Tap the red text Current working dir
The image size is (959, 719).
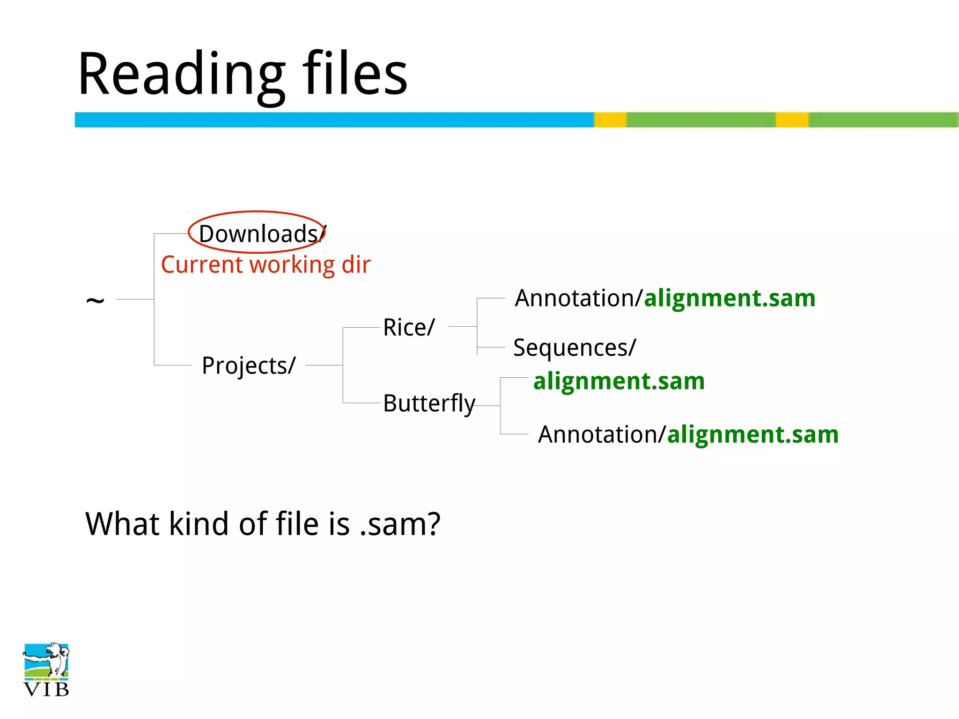[266, 265]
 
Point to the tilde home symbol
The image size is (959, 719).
[95, 300]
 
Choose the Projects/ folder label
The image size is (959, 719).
[249, 366]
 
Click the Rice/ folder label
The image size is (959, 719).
[409, 327]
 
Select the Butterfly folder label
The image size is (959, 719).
[429, 403]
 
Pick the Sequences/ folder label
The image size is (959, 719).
[575, 348]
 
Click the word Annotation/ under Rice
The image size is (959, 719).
[579, 298]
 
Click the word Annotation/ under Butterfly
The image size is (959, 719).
[602, 434]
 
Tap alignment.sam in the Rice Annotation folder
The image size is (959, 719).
[730, 298]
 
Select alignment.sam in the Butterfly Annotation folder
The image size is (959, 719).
[752, 434]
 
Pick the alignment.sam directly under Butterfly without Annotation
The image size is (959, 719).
[619, 381]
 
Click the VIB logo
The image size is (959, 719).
[46, 670]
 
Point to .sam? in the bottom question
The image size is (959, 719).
[400, 524]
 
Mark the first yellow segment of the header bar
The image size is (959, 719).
[610, 120]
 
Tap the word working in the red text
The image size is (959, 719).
[292, 265]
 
